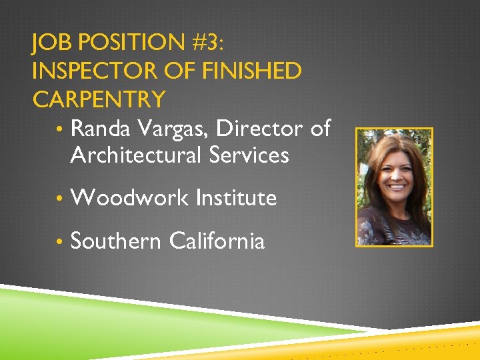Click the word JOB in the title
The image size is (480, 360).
52,45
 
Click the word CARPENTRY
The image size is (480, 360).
99,99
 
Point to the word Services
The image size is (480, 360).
249,155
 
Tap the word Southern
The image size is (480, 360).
115,241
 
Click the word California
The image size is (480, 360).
217,241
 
